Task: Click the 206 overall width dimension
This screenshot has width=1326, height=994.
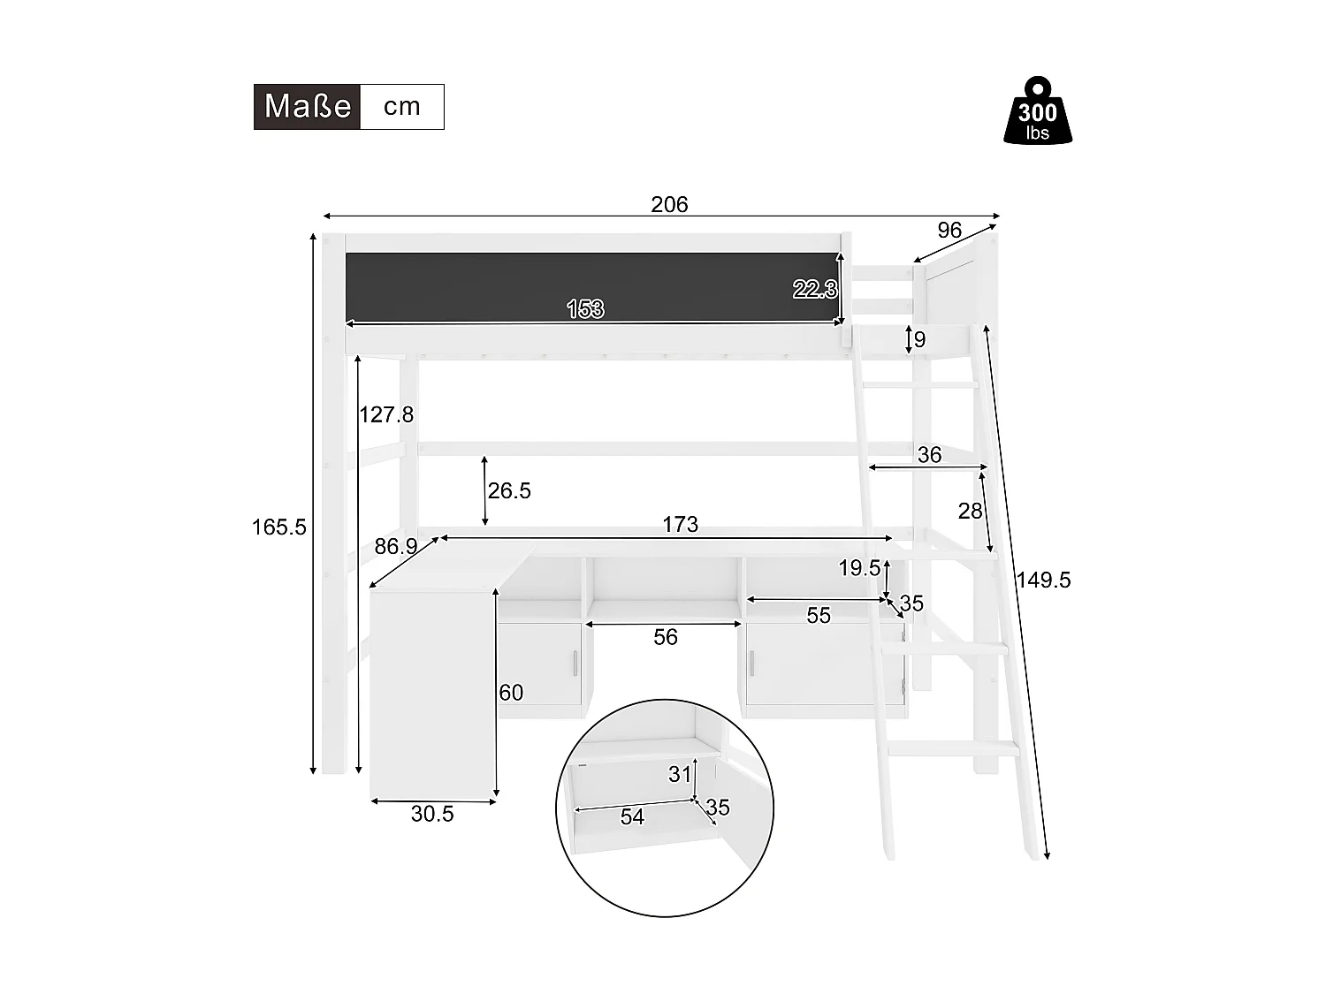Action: [669, 205]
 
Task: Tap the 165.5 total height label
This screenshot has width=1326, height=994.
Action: [278, 527]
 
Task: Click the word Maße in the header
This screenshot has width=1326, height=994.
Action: [308, 107]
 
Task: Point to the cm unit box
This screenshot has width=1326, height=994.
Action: [402, 107]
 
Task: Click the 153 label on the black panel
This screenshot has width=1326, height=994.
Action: [584, 309]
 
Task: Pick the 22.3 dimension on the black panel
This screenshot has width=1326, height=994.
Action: [813, 289]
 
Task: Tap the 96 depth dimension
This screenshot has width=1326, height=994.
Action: [949, 231]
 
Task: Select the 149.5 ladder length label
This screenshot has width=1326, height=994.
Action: [1043, 580]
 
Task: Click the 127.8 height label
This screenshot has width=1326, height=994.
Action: [386, 414]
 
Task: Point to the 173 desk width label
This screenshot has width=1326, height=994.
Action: [680, 525]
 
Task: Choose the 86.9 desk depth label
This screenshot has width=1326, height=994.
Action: [395, 547]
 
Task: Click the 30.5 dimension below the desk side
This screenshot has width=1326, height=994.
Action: [432, 815]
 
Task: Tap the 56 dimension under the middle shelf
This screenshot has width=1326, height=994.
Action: [665, 637]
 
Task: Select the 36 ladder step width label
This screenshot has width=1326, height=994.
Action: [929, 455]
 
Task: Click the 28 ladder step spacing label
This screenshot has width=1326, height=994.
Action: [970, 511]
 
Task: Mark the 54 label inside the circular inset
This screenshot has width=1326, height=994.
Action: [632, 817]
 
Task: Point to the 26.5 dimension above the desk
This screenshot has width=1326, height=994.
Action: [509, 491]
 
